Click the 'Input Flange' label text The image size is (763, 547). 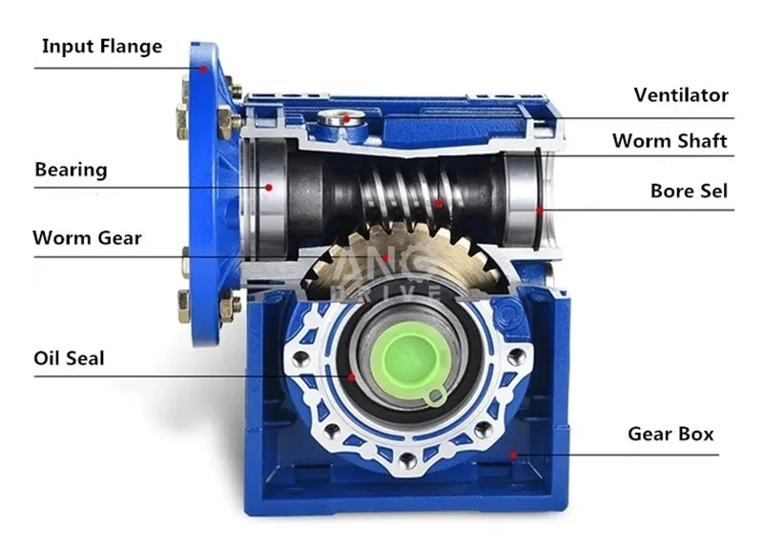(102, 47)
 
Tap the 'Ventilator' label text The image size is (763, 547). (681, 94)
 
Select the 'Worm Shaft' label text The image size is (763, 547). (670, 140)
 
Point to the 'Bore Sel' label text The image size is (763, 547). (689, 191)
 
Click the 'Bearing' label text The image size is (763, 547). (71, 170)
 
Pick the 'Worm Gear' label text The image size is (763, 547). (87, 237)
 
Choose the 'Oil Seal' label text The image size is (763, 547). (69, 358)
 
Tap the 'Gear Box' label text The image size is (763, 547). (670, 434)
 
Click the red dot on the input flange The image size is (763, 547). (203, 69)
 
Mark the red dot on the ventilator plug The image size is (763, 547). (346, 118)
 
